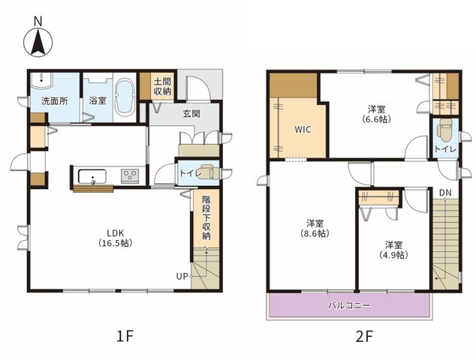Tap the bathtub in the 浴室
coord(125,97)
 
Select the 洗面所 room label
coord(55,101)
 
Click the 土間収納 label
coord(163,86)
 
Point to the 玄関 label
coord(191,114)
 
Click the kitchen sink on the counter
coord(92,176)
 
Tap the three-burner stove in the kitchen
coord(130,175)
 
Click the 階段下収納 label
coord(206,217)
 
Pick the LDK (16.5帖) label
coord(116,238)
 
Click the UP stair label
coord(182,277)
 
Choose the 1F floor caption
coord(125,336)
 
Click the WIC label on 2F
coord(303,130)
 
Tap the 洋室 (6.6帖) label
coord(376,114)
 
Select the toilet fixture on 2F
coord(445,130)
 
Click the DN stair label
coord(445,193)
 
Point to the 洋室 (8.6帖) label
coord(315,228)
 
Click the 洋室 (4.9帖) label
coord(393,250)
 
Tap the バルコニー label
coord(349,305)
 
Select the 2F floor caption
coord(364,336)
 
